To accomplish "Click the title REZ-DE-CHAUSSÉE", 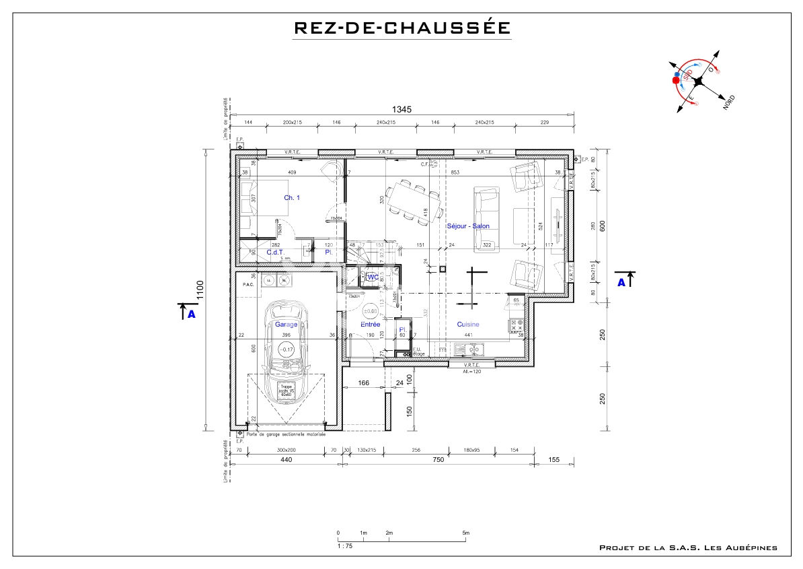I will tap(402, 28).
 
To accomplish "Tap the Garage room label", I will tap(286, 324).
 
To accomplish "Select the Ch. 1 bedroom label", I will tap(292, 197).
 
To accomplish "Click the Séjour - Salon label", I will tap(468, 226).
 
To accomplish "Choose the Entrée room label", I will tap(370, 325).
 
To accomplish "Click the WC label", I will tap(373, 277).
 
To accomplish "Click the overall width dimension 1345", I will tap(402, 109).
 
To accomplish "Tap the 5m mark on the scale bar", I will tap(465, 533).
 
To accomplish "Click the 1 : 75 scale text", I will tap(344, 546).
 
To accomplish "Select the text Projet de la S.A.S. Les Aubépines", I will tap(687, 548).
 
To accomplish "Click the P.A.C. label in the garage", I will tap(247, 285).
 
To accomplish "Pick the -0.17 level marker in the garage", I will tap(287, 349).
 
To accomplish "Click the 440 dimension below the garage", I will tap(286, 459).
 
